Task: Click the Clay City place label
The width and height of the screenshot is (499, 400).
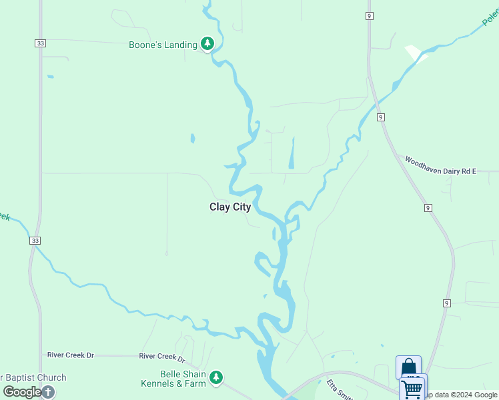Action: pos(230,207)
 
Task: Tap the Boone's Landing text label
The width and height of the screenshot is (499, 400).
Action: pos(163,45)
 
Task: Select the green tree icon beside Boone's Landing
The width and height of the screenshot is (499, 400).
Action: pos(207,44)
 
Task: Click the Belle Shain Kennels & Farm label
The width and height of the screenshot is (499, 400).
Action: pos(173,379)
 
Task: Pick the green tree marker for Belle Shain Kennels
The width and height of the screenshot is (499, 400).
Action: pos(215,378)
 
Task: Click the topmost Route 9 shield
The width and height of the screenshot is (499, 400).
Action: pos(369,15)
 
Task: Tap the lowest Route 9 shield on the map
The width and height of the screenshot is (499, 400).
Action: pos(446,303)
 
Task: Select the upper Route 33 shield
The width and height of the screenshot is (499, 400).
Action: pos(41,43)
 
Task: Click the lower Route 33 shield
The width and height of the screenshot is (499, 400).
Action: pos(35,241)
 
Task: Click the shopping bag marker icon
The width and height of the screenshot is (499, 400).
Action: pos(408,367)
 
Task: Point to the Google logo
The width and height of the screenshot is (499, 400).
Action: pos(22,392)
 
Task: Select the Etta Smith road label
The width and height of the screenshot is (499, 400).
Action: pos(339,389)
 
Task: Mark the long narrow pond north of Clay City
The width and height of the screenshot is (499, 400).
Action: pos(291,153)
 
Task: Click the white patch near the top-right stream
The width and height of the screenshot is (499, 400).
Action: pos(415,53)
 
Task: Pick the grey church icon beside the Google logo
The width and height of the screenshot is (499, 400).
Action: pos(49,392)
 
